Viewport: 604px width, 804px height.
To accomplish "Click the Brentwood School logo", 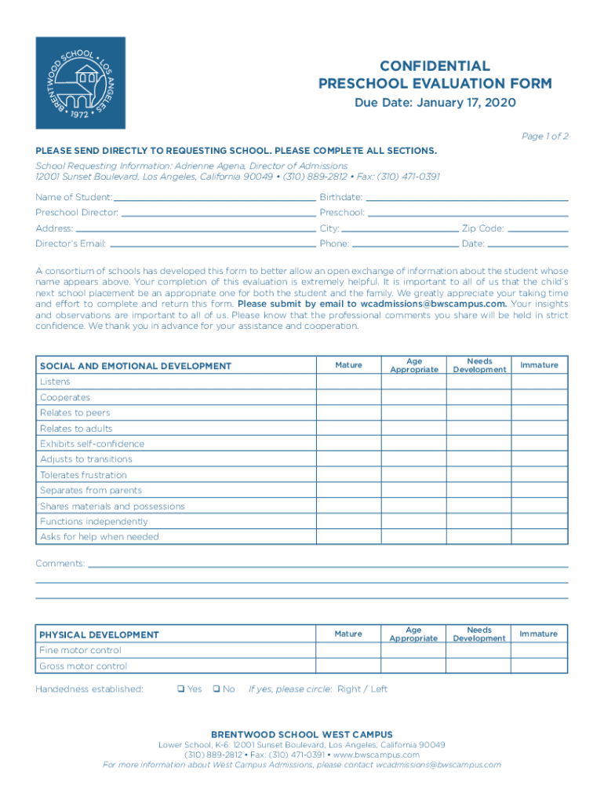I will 80,82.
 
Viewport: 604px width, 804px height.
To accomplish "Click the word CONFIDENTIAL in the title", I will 435,66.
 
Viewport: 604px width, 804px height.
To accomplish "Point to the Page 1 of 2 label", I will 544,136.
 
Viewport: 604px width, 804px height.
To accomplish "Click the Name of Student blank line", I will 213,196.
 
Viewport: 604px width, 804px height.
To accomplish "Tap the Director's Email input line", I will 211,243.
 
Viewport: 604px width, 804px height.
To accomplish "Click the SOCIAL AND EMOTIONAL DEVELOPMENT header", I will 136,366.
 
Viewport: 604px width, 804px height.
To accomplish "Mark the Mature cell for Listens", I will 348,382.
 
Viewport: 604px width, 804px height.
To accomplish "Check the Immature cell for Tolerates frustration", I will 540,475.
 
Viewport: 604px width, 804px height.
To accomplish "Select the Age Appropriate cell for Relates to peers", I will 413,413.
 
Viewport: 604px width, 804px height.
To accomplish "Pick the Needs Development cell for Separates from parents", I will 478,491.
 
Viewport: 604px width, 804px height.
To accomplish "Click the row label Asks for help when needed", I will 100,537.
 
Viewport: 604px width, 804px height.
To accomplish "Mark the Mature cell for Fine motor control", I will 348,650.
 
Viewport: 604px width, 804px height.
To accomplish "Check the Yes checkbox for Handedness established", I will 180,689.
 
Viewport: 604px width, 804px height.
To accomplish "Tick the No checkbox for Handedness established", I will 216,689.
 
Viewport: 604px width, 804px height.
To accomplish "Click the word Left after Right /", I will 379,689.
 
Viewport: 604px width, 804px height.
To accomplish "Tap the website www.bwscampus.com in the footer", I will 376,755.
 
